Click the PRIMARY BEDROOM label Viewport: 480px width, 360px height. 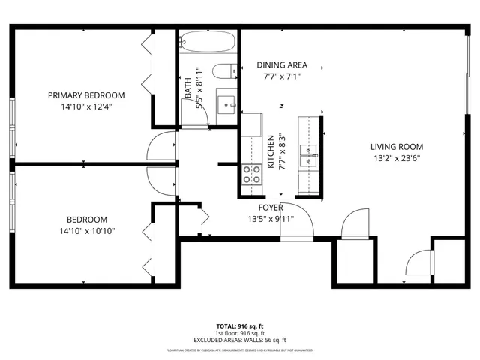pyautogui.click(x=86, y=95)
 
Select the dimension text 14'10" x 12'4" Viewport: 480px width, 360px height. pyautogui.click(x=86, y=106)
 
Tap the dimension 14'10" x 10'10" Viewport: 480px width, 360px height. pyautogui.click(x=86, y=231)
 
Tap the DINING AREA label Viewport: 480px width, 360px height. pyautogui.click(x=281, y=65)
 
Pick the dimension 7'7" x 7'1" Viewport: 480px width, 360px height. pyautogui.click(x=281, y=76)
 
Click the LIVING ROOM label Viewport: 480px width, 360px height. pyautogui.click(x=397, y=147)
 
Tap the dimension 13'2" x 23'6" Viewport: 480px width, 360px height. pyautogui.click(x=397, y=158)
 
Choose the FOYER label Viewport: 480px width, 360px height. pyautogui.click(x=271, y=208)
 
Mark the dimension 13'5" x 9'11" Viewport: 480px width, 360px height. pyautogui.click(x=271, y=219)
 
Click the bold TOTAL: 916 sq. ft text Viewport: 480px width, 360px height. pyautogui.click(x=240, y=326)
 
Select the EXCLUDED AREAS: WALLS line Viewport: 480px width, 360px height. pyautogui.click(x=240, y=340)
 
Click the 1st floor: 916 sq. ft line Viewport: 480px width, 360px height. pyautogui.click(x=240, y=333)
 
